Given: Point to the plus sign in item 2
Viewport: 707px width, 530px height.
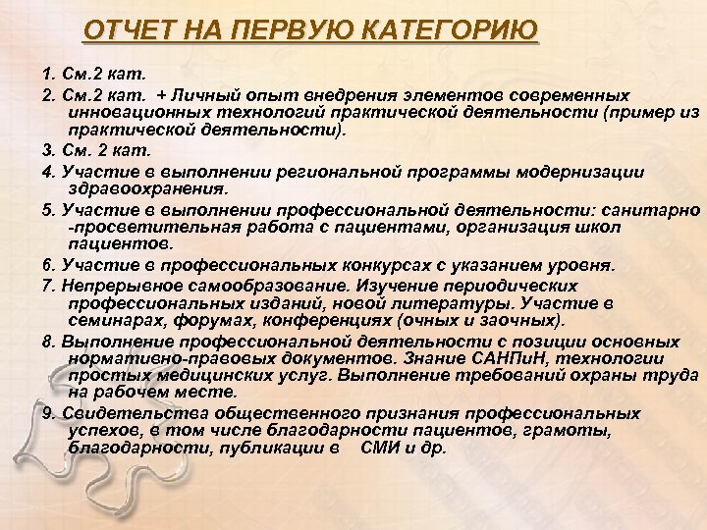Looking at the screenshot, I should (160, 96).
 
